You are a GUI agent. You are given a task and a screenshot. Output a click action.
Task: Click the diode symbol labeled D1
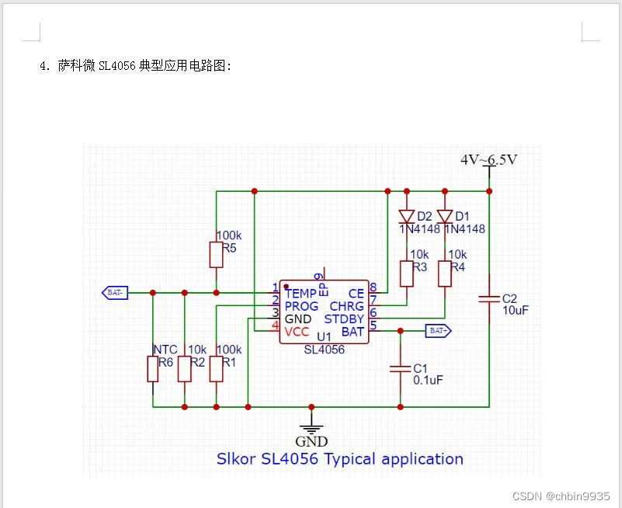[445, 216]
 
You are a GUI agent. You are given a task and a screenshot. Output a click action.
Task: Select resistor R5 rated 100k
[216, 254]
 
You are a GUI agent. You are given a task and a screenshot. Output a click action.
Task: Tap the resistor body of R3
[407, 273]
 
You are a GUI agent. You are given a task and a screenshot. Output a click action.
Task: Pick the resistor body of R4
[445, 273]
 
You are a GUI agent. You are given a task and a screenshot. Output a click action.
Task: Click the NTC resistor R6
[153, 369]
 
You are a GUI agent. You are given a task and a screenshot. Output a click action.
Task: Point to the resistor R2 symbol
[184, 369]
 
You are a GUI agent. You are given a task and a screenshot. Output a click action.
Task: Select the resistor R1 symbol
[216, 369]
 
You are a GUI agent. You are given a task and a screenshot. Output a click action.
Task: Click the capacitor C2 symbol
[489, 298]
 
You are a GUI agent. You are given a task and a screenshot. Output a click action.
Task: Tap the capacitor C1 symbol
[400, 368]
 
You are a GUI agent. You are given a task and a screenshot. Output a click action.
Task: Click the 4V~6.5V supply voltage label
[488, 160]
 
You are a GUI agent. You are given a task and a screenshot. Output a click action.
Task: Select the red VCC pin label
[297, 332]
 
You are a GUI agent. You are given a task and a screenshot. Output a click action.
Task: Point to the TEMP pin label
[301, 294]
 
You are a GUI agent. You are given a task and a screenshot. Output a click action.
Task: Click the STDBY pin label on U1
[344, 319]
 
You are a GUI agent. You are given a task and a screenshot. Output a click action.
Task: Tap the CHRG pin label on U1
[346, 307]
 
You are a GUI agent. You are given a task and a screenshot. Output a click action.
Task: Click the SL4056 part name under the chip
[324, 350]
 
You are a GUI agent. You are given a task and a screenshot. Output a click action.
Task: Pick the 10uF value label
[516, 311]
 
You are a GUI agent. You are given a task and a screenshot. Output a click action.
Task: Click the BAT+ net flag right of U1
[438, 331]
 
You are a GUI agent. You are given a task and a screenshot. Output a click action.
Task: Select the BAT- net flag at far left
[114, 293]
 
